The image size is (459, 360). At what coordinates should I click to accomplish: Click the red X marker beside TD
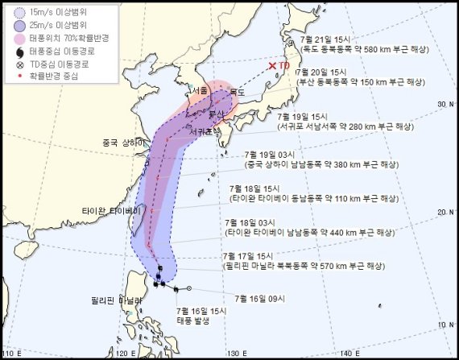pos(273,65)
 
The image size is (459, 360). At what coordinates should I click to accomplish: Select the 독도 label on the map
pos(236,93)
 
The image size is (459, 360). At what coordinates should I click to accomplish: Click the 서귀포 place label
pos(201,130)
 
